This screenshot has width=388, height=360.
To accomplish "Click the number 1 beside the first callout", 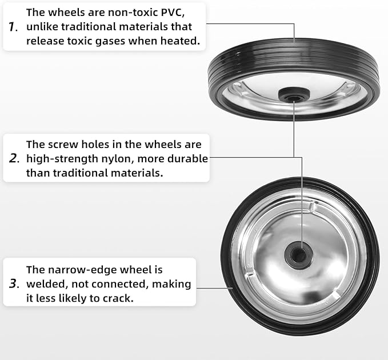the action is pos(13,27).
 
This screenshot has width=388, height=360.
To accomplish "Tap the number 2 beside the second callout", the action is pos(14,158).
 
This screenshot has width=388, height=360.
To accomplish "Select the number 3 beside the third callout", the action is pos(14,283).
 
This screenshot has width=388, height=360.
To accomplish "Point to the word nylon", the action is pos(117,159).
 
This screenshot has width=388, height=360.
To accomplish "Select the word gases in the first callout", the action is pos(110,41).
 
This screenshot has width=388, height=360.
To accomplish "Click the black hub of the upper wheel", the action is pos(294,94).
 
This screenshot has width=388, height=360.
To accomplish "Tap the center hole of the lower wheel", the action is pos(298,255).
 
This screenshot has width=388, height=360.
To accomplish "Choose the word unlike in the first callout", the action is pos(42,27).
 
